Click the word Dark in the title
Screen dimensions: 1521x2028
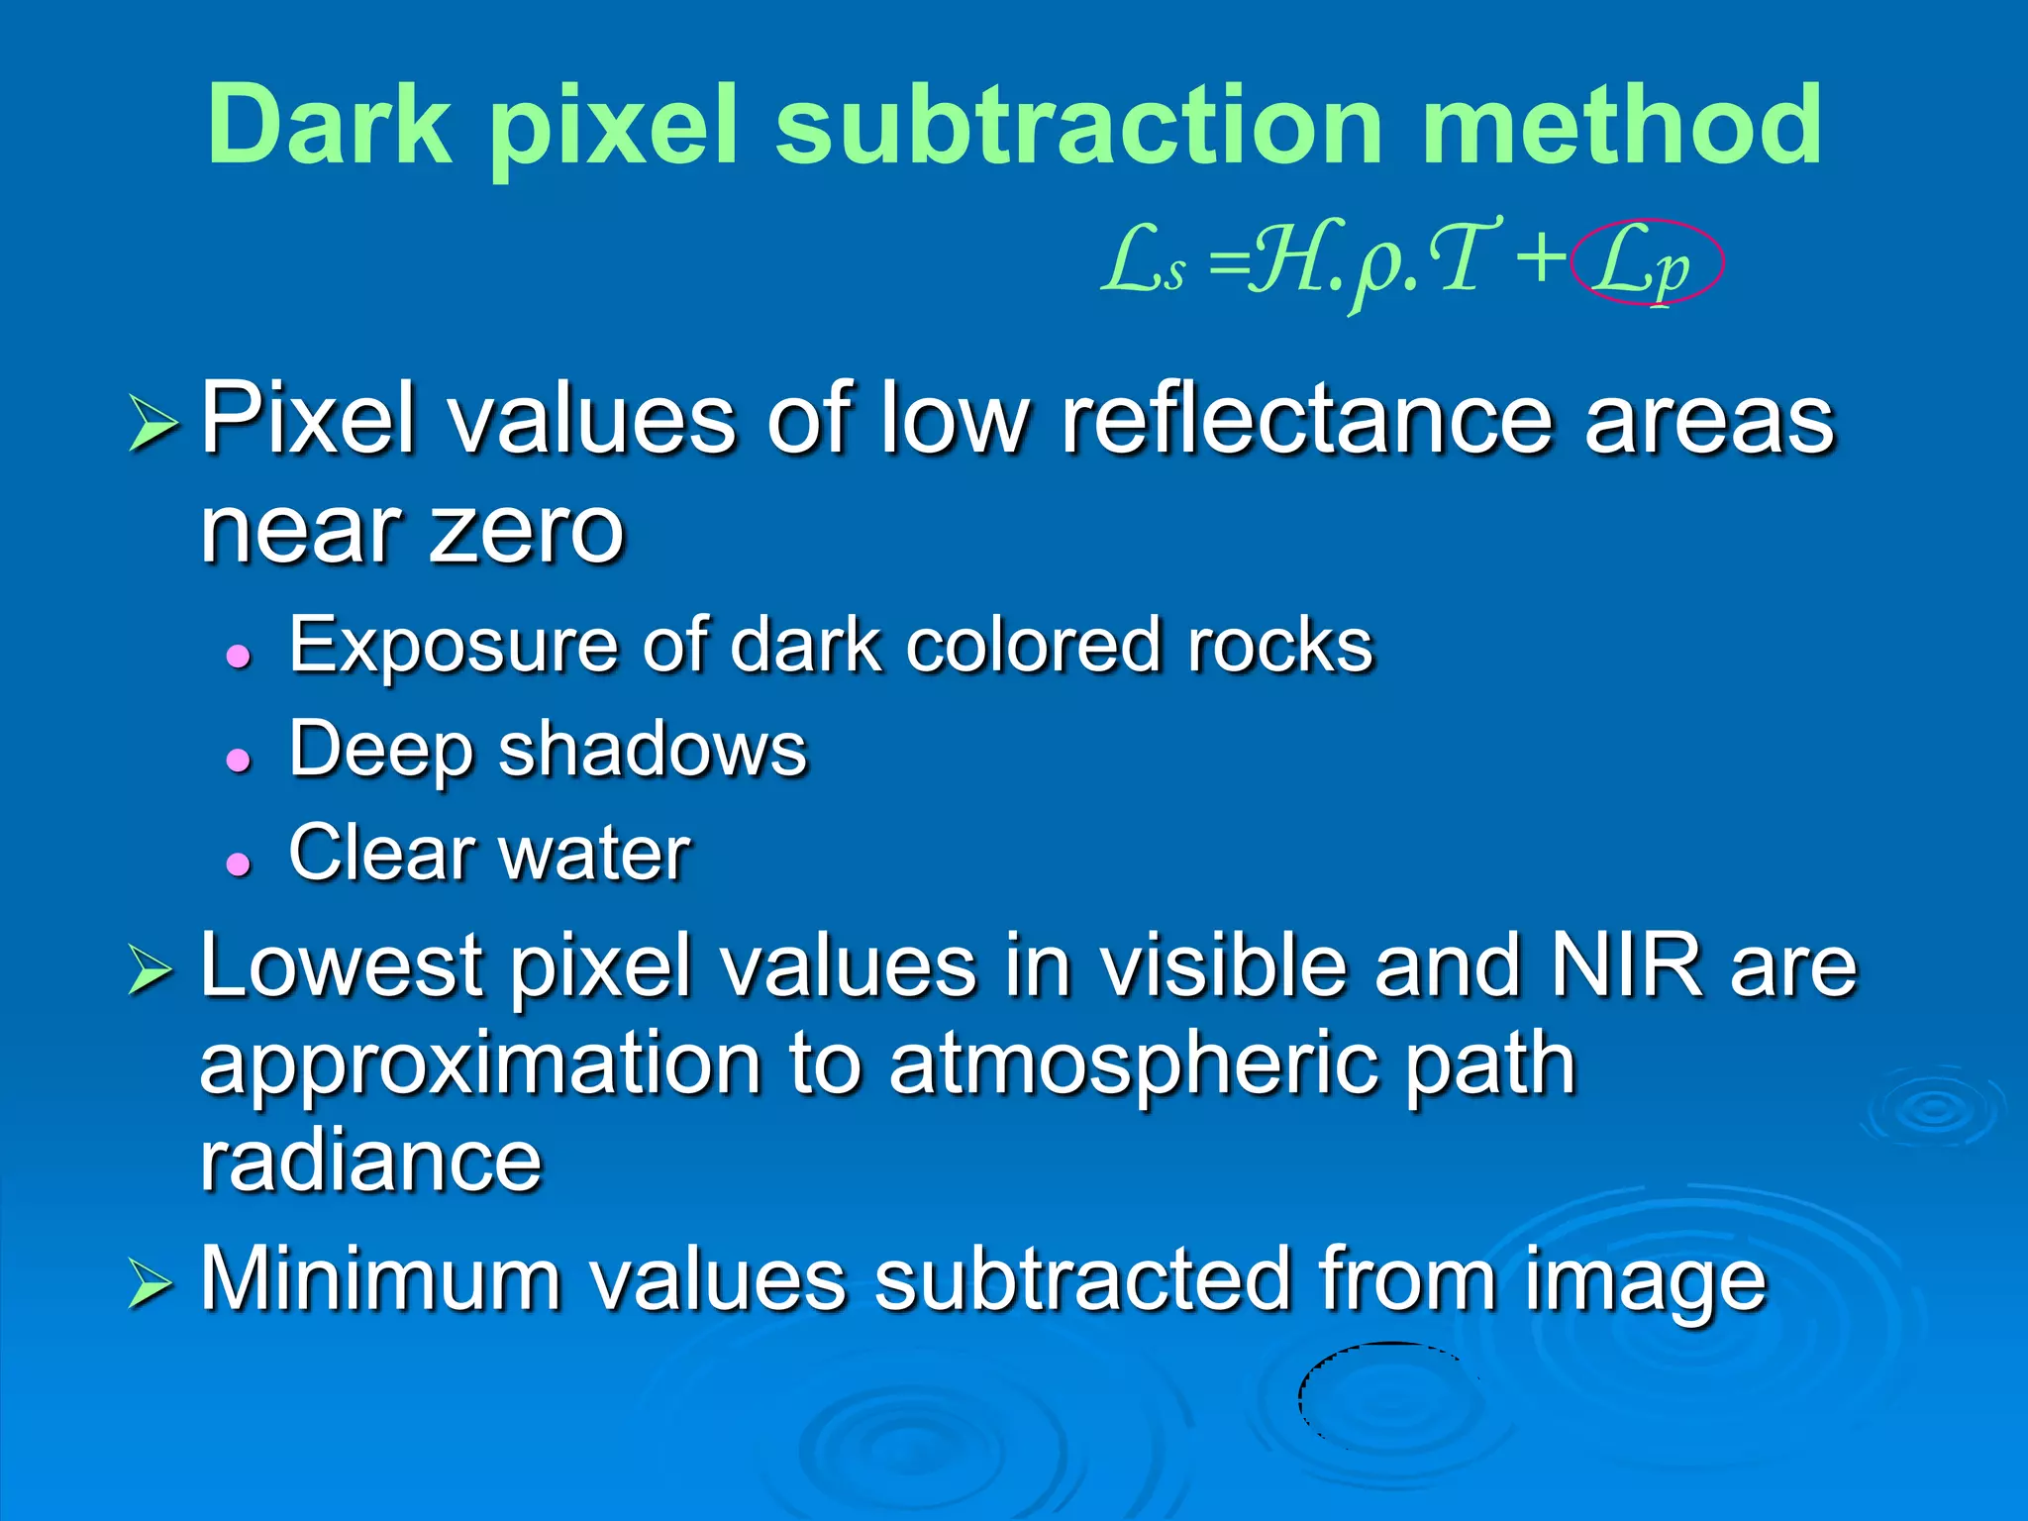(x=329, y=126)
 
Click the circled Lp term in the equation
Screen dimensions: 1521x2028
(x=1648, y=262)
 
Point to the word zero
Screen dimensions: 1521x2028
(x=527, y=531)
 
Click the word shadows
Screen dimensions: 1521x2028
(x=653, y=750)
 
